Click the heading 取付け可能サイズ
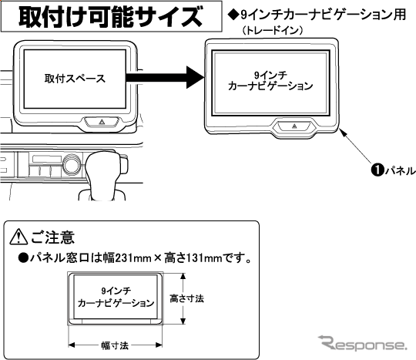pos(111,17)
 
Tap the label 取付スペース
pos(75,79)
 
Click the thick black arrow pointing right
pos(165,77)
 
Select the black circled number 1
pos(377,170)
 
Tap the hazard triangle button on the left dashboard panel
pos(102,122)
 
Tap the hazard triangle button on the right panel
pos(294,126)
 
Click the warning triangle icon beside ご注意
pos(18,237)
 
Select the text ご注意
pos(53,237)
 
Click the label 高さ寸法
pos(186,298)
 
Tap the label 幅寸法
pos(115,345)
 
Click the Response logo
pos(362,343)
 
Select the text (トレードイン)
pos(273,31)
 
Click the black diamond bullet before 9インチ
pos(233,15)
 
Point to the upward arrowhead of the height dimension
pos(183,276)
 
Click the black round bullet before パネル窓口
pos(23,257)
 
